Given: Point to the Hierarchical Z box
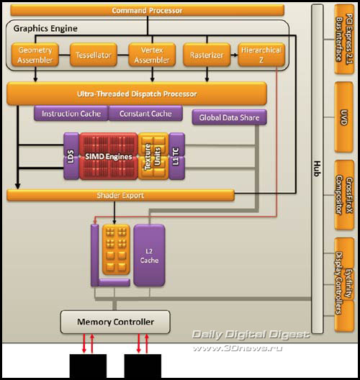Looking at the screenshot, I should [x=260, y=55].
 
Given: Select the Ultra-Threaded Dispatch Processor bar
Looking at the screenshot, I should [x=137, y=94].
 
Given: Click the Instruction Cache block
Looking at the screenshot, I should [x=71, y=114].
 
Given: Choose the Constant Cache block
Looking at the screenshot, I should [x=145, y=114].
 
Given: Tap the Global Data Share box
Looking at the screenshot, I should [x=229, y=117].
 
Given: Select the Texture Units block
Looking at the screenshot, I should [x=153, y=153].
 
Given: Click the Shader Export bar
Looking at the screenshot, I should [x=121, y=194].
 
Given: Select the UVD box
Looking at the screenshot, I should [x=343, y=117].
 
